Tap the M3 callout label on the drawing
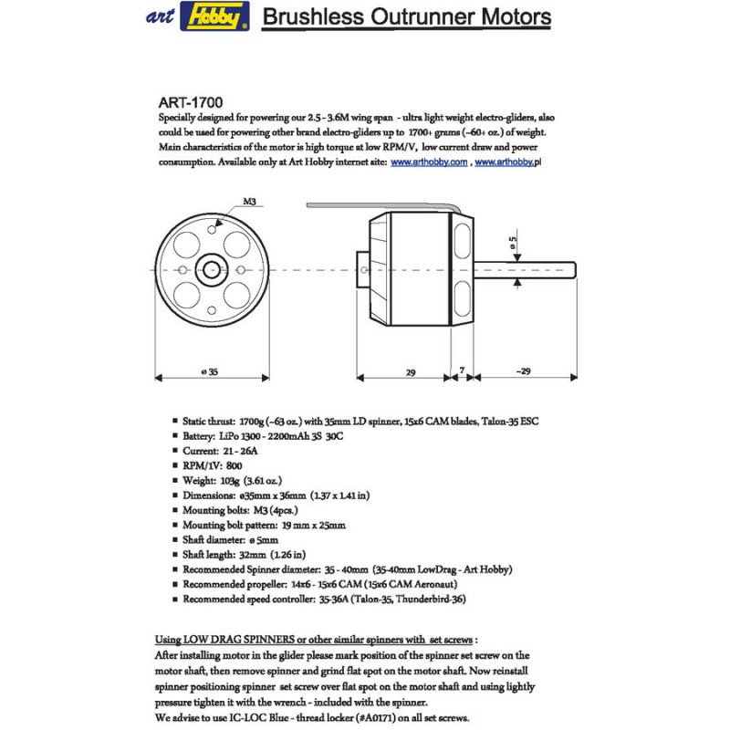pos(249,201)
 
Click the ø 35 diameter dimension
pos(213,371)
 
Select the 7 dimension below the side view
pos(463,371)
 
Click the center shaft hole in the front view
pos(213,268)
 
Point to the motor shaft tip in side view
pos(574,268)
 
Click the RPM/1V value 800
pos(235,464)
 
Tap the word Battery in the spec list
pos(201,436)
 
